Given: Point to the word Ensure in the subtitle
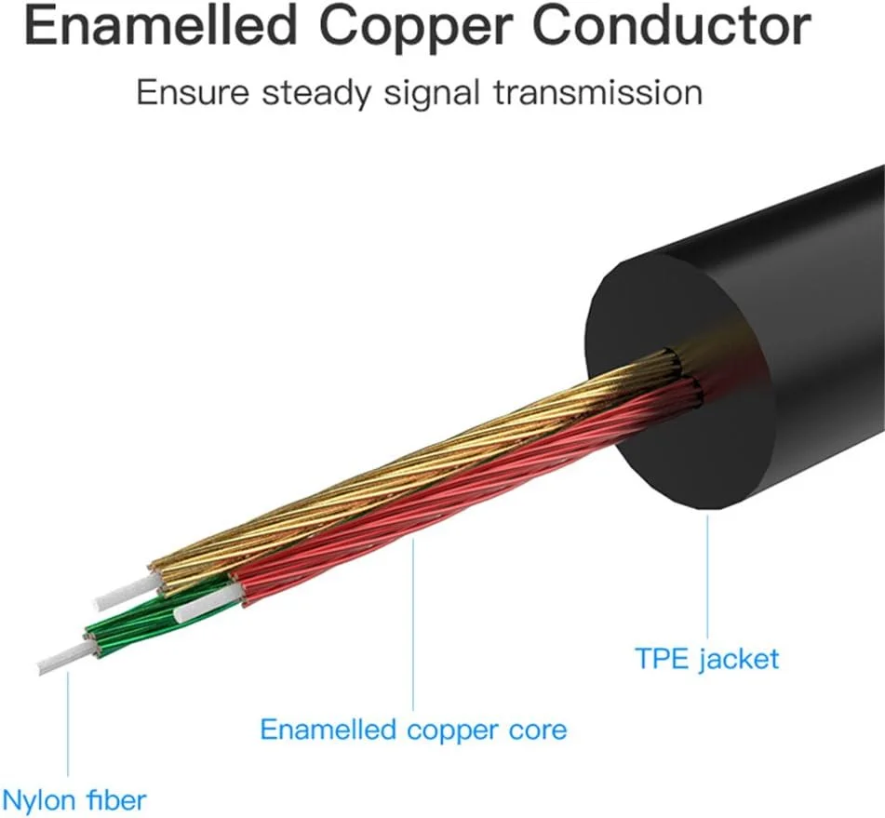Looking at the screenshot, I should tap(190, 93).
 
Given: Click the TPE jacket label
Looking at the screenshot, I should tap(706, 660).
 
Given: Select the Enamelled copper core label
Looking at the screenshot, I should tap(413, 729).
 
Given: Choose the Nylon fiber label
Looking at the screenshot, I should tap(74, 798).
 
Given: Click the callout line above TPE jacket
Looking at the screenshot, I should tap(706, 572).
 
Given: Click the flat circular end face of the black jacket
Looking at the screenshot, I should tap(679, 382).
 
